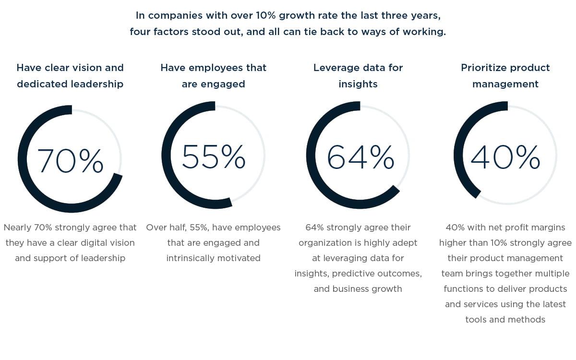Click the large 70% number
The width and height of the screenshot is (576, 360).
pyautogui.click(x=70, y=160)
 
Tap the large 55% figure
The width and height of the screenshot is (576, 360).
pyautogui.click(x=214, y=156)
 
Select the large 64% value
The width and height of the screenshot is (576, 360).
pyautogui.click(x=360, y=157)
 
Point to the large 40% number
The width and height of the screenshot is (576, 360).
pyautogui.click(x=505, y=157)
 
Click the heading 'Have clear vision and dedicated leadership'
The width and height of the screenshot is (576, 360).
pyautogui.click(x=70, y=76)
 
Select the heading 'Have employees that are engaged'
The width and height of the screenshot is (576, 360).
pyautogui.click(x=214, y=76)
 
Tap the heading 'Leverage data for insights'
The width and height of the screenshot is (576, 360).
pyautogui.click(x=358, y=76)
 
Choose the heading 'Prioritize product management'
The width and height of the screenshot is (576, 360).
pyautogui.click(x=505, y=76)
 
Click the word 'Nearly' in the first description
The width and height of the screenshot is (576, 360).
pyautogui.click(x=18, y=228)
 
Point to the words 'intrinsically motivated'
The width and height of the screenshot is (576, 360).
pyautogui.click(x=214, y=258)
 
